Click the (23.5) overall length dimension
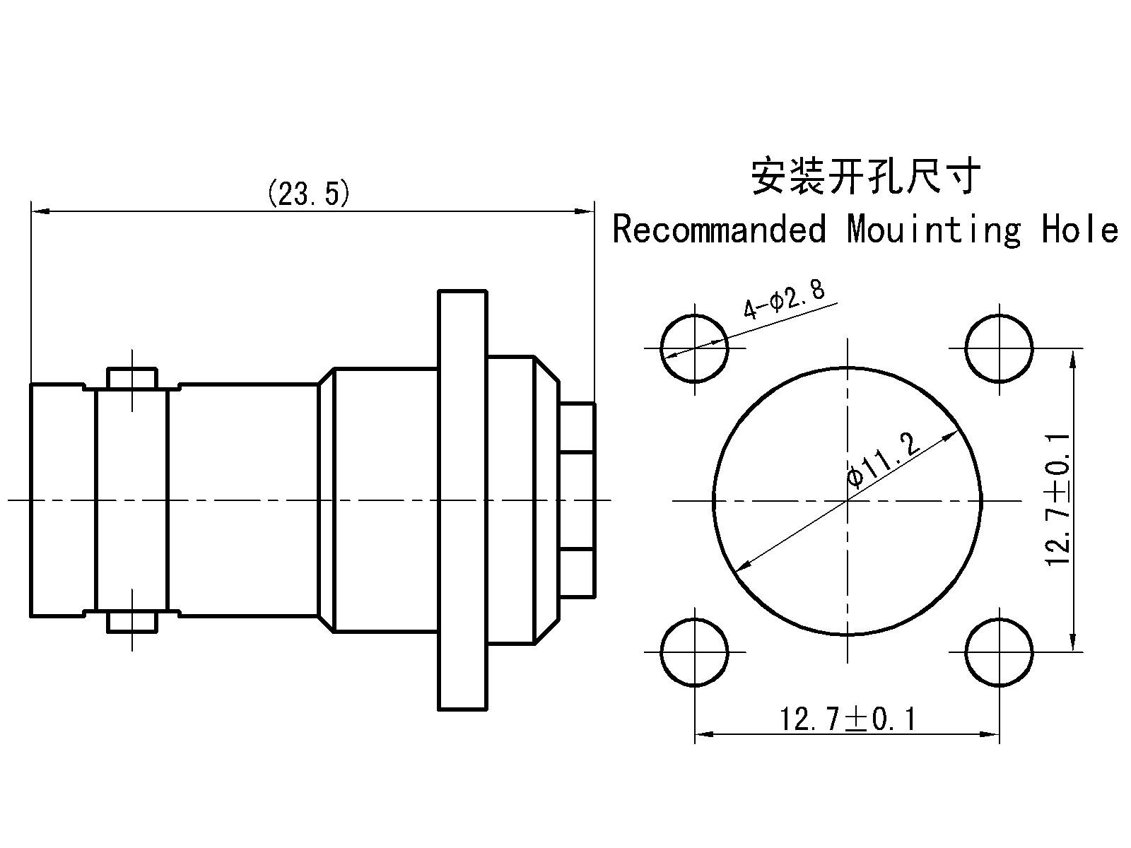308,193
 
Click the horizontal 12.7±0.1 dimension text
847,719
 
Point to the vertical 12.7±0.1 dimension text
1058,500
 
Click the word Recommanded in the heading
718,230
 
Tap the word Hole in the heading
1079,230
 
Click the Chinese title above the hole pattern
865,177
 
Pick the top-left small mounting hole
695,348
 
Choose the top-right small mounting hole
999,348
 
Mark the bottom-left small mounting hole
695,652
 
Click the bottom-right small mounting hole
999,652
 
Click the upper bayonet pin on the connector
132,378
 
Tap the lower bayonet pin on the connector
132,622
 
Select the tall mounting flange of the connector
462,499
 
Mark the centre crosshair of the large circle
848,500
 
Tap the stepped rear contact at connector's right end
576,500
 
